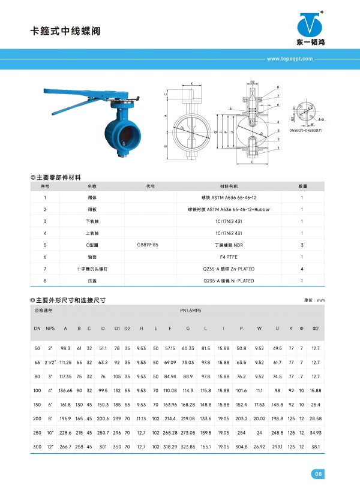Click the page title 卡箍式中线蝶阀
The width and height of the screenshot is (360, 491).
(63, 31)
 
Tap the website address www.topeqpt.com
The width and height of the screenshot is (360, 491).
(290, 59)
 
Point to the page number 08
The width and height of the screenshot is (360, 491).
(318, 475)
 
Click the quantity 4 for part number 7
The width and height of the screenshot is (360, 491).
(301, 269)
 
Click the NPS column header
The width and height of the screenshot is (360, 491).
(50, 329)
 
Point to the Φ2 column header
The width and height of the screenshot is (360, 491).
(316, 329)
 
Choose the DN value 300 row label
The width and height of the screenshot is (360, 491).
(37, 447)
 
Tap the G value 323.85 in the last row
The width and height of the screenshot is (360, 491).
(188, 447)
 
